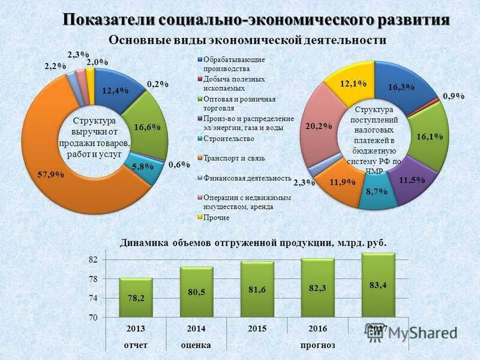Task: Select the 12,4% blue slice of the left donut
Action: point(115,91)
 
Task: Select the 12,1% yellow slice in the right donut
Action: point(353,84)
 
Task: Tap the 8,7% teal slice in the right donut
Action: point(376,190)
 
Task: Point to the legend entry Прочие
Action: point(217,217)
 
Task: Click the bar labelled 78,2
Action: point(136,298)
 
